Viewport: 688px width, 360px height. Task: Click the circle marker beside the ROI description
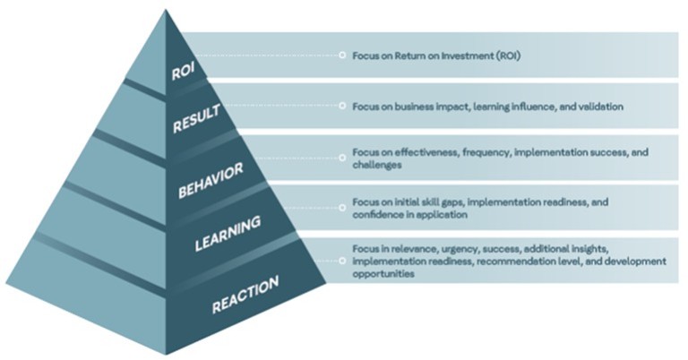[342, 56]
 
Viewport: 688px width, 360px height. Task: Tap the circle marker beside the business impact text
[342, 106]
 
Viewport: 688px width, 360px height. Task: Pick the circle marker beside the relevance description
[342, 260]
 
